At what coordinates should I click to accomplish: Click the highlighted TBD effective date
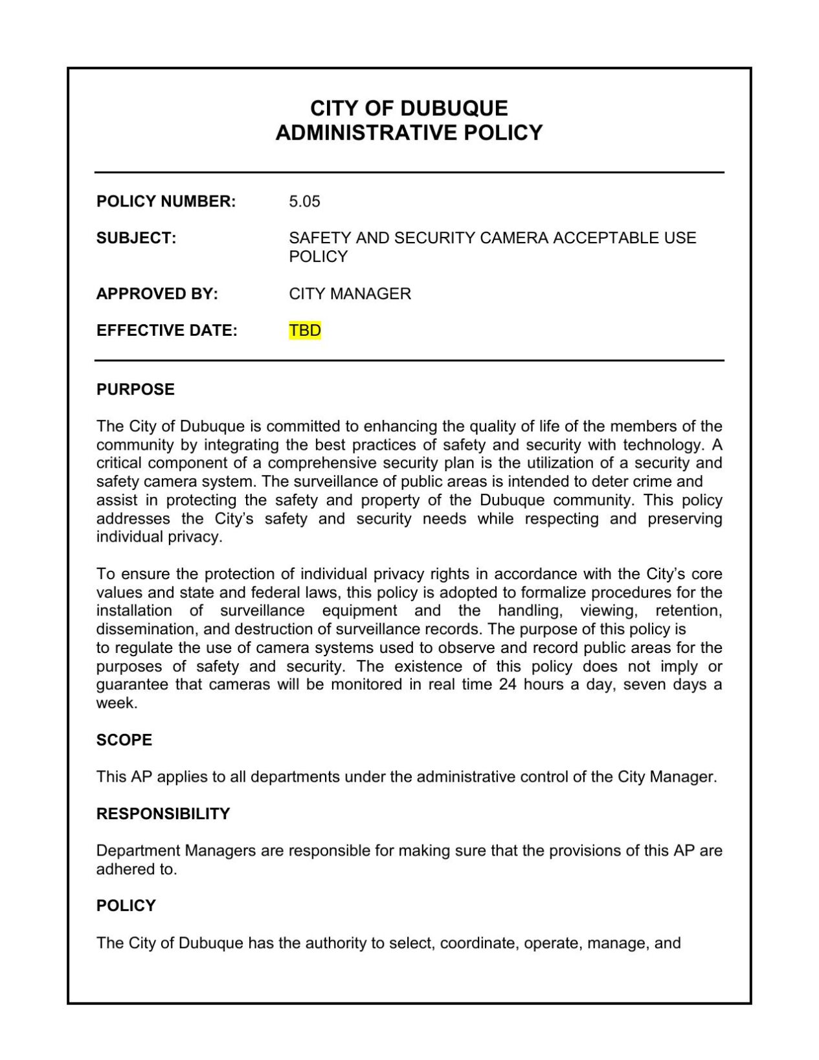pyautogui.click(x=305, y=331)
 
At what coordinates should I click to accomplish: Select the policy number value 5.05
pyautogui.click(x=304, y=201)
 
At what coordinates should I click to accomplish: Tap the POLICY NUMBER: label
pyautogui.click(x=166, y=201)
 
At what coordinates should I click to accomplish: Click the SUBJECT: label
pyautogui.click(x=136, y=238)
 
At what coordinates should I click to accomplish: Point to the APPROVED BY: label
pyautogui.click(x=157, y=294)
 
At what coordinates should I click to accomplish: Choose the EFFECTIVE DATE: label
pyautogui.click(x=166, y=331)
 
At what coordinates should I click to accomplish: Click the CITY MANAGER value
pyautogui.click(x=350, y=294)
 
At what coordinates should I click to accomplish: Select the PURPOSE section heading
pyautogui.click(x=135, y=390)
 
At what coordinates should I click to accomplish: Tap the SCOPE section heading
pyautogui.click(x=124, y=740)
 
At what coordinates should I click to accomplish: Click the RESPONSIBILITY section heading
pyautogui.click(x=163, y=814)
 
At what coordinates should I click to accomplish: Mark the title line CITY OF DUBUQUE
pyautogui.click(x=409, y=107)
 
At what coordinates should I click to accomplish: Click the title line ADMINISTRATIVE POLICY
pyautogui.click(x=409, y=133)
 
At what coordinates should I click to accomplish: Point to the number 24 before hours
pyautogui.click(x=507, y=685)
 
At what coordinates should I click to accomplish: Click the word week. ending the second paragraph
pyautogui.click(x=117, y=703)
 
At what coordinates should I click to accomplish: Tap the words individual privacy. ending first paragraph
pyautogui.click(x=159, y=537)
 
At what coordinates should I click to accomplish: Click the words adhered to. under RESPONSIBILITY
pyautogui.click(x=137, y=870)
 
